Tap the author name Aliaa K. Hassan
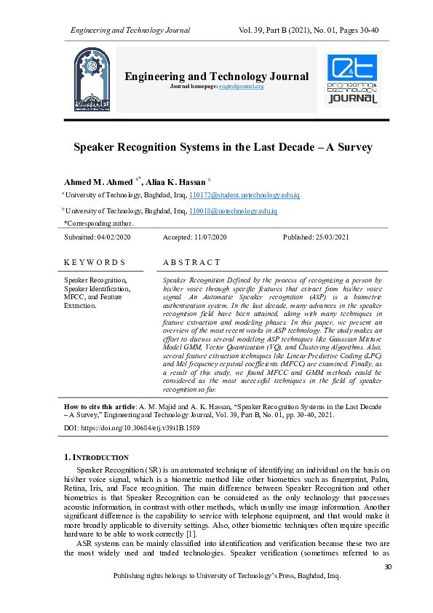pyautogui.click(x=175, y=181)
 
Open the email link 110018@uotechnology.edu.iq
pyautogui.click(x=233, y=210)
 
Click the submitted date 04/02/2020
pyautogui.click(x=114, y=237)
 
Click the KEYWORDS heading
pyautogui.click(x=95, y=262)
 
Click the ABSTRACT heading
pyautogui.click(x=191, y=262)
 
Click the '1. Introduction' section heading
pyautogui.click(x=97, y=457)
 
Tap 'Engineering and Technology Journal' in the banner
pyautogui.click(x=217, y=76)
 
